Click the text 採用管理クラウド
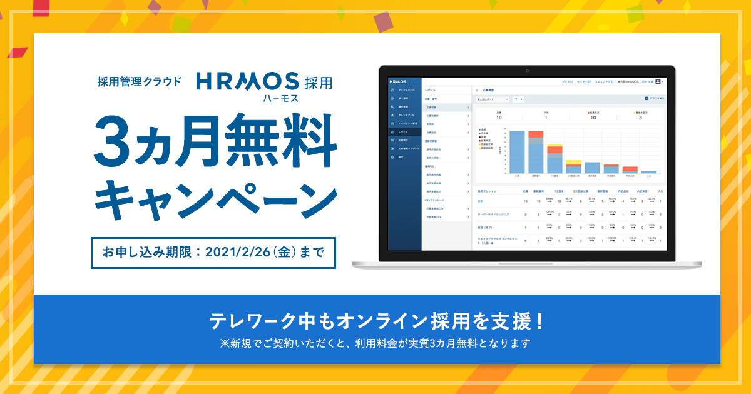(140, 81)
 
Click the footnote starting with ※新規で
(375, 343)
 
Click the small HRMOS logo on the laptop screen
(397, 82)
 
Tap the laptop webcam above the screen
(526, 69)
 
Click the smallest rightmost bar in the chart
(649, 172)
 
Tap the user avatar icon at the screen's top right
(658, 81)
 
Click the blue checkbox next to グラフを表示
(646, 98)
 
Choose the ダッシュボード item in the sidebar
(407, 91)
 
